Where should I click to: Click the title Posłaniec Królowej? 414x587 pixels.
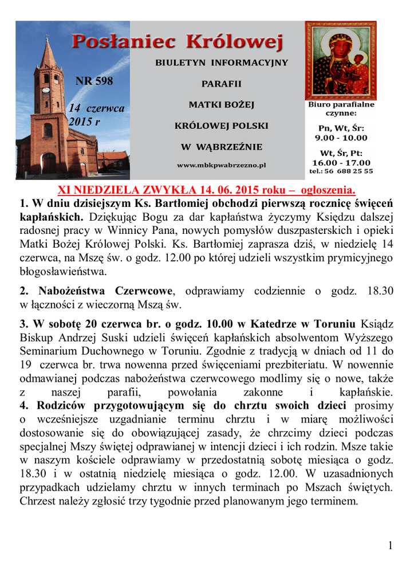click(178, 42)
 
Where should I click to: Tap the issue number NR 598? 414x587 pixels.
click(94, 81)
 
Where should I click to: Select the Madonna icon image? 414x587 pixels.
click(340, 60)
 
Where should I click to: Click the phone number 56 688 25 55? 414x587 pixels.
click(349, 171)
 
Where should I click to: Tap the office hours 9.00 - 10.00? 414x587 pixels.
click(341, 138)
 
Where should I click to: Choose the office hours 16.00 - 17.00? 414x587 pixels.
click(341, 162)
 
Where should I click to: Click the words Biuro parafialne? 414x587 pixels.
click(341, 105)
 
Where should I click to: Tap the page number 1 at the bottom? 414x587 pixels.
click(391, 546)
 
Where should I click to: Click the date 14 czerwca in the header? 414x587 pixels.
click(96, 108)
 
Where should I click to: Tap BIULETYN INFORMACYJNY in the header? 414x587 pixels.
click(222, 62)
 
